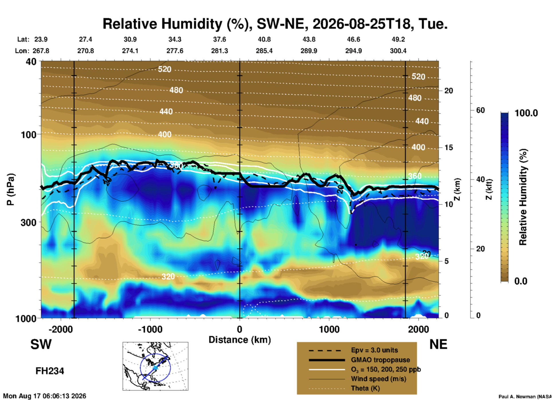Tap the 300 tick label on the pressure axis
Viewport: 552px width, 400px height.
coord(29,222)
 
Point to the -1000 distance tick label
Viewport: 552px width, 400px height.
coord(150,329)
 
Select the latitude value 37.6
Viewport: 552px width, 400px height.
coord(220,39)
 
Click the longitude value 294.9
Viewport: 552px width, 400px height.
coord(353,51)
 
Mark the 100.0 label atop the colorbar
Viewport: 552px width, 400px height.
coord(526,113)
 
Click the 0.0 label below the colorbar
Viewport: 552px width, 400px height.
coord(521,281)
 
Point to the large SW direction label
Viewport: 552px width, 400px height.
coord(41,344)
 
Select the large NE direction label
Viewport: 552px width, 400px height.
coord(438,344)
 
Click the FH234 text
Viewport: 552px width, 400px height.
coord(50,371)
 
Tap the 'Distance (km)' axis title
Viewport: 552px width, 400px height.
coord(240,340)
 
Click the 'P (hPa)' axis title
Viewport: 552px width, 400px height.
coord(11,189)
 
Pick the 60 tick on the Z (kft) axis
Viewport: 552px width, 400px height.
coord(480,110)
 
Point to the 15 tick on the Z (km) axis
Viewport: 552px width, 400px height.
coord(449,147)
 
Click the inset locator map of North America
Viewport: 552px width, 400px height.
coord(155,366)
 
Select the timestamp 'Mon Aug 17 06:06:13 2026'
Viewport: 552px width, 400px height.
coord(45,396)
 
